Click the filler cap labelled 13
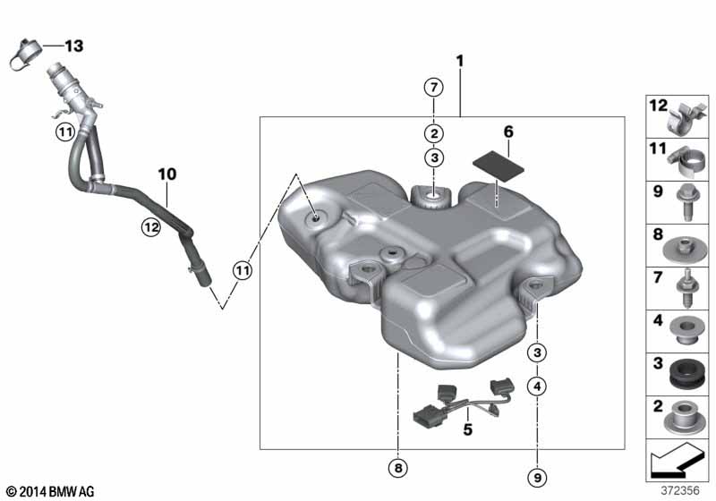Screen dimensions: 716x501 click(x=24, y=55)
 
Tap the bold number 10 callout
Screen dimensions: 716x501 click(x=167, y=174)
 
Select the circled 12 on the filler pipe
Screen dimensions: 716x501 click(x=151, y=226)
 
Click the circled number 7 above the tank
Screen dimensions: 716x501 click(x=434, y=87)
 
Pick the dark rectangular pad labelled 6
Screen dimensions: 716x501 click(x=499, y=166)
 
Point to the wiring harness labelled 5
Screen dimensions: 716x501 click(x=463, y=401)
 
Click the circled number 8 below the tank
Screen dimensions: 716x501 click(x=398, y=468)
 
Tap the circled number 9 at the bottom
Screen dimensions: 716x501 click(x=537, y=478)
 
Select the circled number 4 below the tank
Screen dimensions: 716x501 click(x=537, y=386)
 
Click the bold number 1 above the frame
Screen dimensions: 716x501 click(x=460, y=61)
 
